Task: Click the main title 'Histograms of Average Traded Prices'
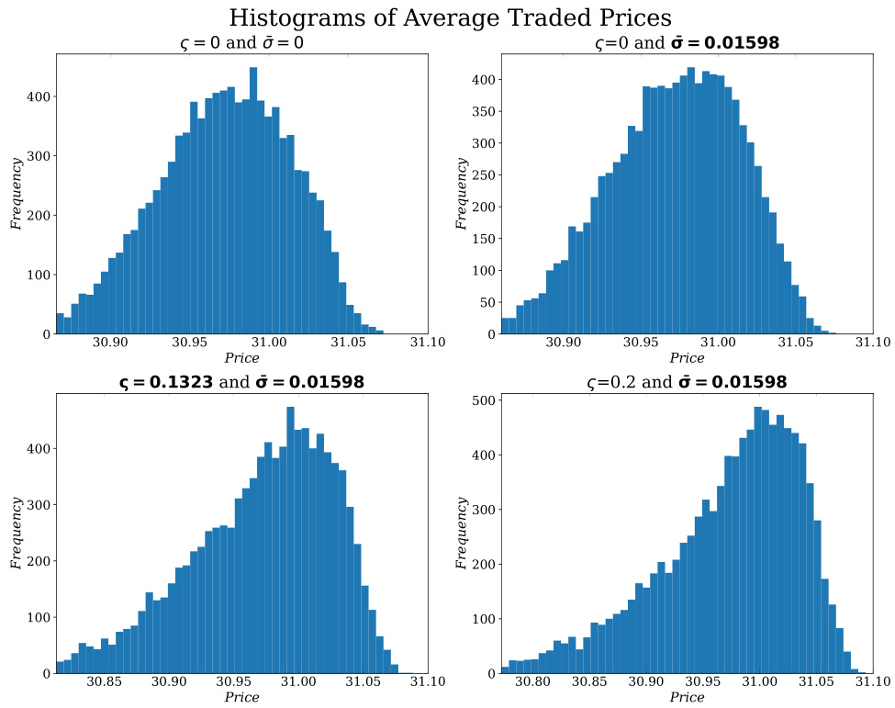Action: [450, 17]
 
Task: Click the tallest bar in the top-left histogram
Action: [253, 202]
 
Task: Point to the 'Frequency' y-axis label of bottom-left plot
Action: [17, 533]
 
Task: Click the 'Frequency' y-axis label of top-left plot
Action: [17, 193]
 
